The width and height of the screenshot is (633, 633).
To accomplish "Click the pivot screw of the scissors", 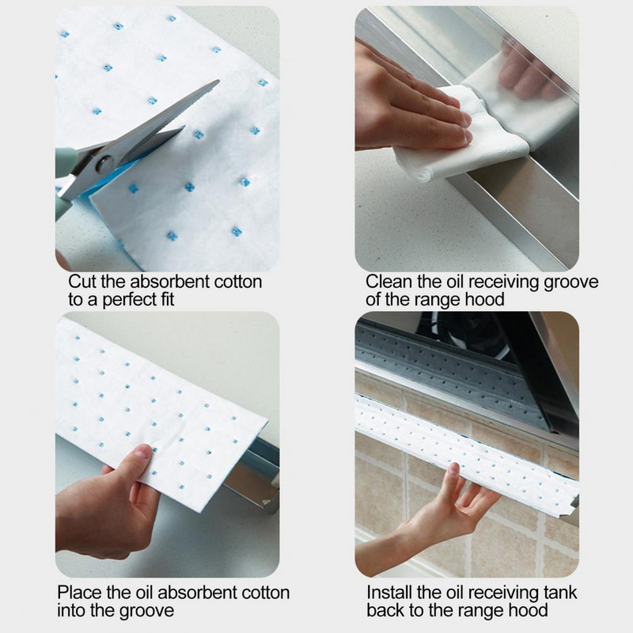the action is [104, 165].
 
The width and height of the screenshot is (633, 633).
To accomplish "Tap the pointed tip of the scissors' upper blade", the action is [219, 81].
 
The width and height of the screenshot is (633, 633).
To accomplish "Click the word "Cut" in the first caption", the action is [82, 282].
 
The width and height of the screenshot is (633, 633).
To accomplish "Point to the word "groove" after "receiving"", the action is [570, 282].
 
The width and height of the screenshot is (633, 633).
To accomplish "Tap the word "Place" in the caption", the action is [79, 593].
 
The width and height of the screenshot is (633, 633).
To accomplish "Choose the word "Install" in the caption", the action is [389, 593].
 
